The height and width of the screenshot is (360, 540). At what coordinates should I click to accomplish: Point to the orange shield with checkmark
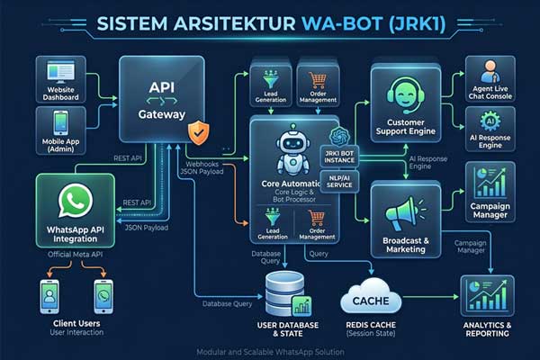pos(199,135)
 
